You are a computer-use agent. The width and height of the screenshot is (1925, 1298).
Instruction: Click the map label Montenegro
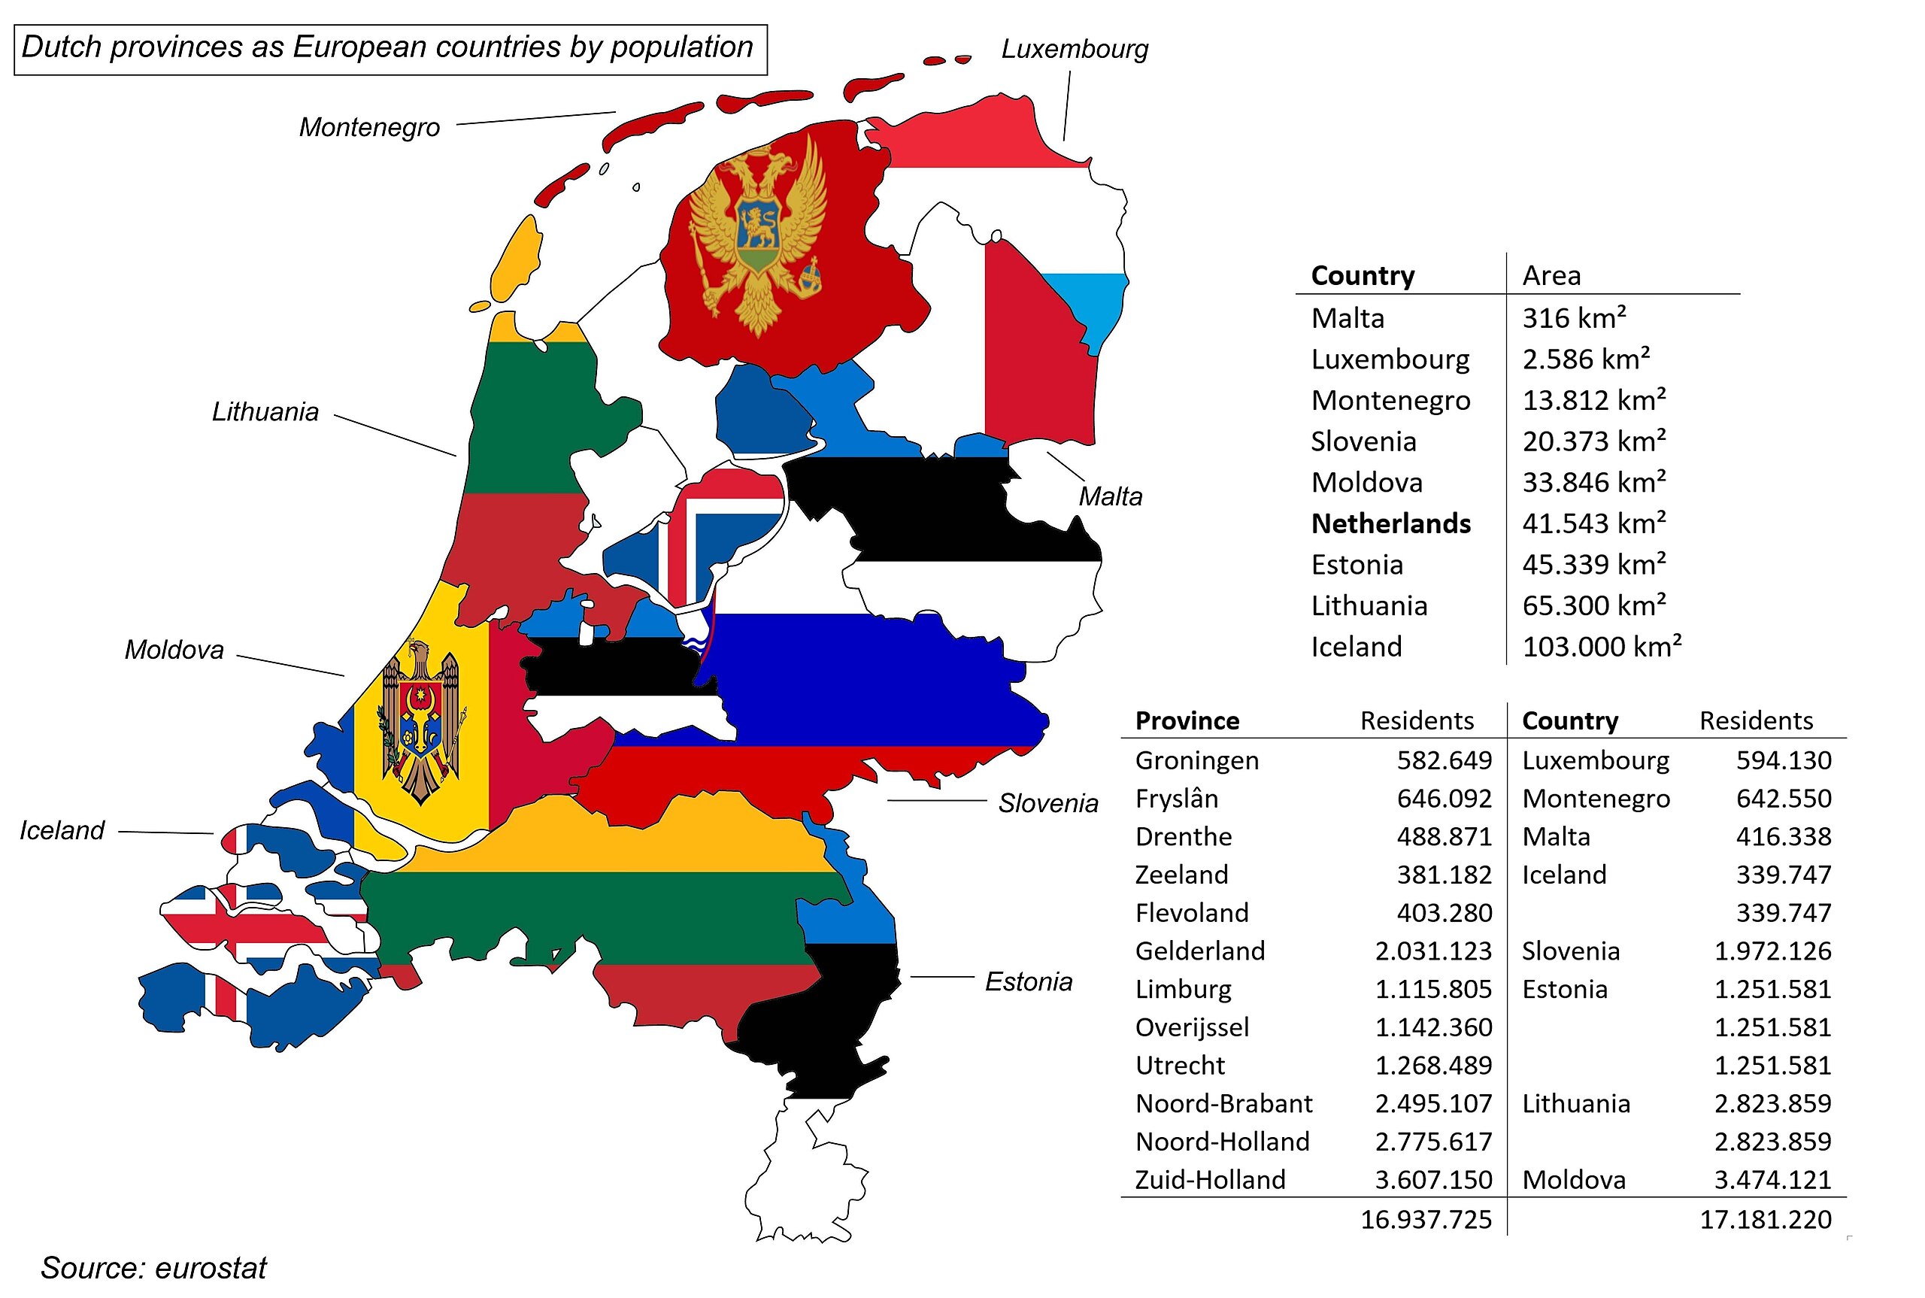369,128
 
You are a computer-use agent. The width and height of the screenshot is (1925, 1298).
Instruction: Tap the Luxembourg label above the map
1075,50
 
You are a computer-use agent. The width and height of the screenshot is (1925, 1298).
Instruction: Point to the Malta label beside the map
1110,496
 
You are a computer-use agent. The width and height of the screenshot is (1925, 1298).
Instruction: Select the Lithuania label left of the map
265,412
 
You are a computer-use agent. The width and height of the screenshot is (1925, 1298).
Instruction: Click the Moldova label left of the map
174,650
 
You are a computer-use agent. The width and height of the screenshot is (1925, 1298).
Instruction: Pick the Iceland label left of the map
62,830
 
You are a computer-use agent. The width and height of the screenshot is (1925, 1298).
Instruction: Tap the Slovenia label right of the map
1047,803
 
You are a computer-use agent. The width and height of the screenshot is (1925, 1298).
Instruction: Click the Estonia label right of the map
1028,982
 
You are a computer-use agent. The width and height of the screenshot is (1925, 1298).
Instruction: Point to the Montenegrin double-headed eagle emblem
758,236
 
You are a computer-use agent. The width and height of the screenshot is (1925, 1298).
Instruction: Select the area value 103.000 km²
1602,647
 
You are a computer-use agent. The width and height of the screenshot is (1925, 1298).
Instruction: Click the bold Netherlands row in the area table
1390,524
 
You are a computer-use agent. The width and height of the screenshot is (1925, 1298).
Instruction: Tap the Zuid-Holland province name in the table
1210,1180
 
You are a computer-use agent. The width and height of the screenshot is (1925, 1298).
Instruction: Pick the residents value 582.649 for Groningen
1445,760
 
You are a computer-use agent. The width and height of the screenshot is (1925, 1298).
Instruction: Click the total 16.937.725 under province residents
1426,1219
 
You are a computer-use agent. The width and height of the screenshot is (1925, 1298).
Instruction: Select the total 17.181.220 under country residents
1766,1219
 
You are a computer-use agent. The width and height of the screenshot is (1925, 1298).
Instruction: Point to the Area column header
1551,276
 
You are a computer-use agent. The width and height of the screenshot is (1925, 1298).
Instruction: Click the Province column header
1187,721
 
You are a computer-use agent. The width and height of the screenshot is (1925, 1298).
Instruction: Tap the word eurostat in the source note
211,1268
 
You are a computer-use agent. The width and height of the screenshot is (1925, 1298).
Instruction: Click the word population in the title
681,47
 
